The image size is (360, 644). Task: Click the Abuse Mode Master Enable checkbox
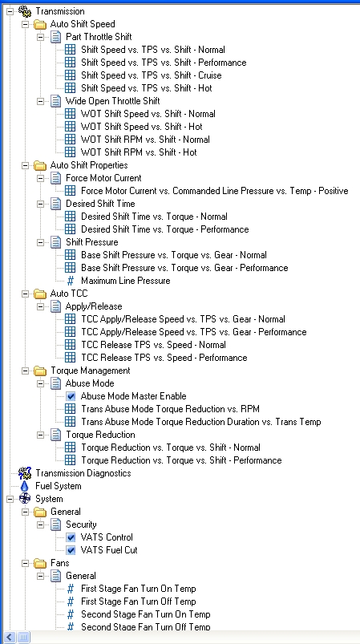click(x=71, y=396)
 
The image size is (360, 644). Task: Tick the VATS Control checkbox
click(x=71, y=537)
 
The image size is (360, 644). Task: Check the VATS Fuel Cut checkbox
click(x=71, y=550)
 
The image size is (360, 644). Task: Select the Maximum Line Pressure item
click(x=126, y=281)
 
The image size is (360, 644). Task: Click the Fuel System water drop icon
click(x=25, y=486)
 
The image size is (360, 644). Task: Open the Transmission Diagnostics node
click(x=83, y=473)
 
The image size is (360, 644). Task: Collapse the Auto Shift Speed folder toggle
click(x=26, y=24)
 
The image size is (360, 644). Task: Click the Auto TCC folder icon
click(x=40, y=294)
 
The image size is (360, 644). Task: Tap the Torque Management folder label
click(x=91, y=371)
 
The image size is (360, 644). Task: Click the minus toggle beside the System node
click(x=10, y=499)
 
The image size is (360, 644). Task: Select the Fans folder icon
click(x=40, y=563)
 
